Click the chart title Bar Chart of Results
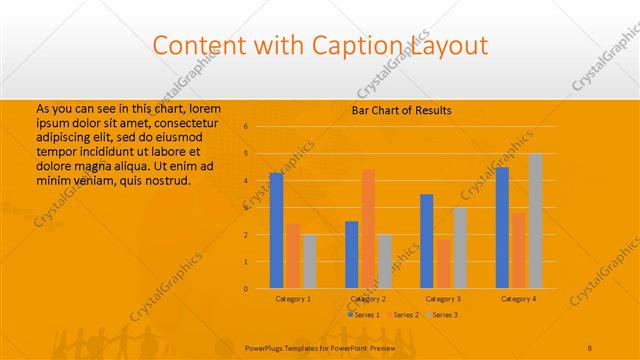(x=401, y=110)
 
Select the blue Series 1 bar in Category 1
(x=276, y=230)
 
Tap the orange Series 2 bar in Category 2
(x=368, y=228)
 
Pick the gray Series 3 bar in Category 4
(x=535, y=221)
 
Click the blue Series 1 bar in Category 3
(x=427, y=241)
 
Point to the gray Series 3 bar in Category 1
(x=309, y=261)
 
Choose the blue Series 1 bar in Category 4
(x=502, y=227)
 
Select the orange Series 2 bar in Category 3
(x=443, y=264)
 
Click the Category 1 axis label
(x=293, y=299)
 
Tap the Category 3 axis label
(x=443, y=299)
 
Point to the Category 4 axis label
(x=518, y=299)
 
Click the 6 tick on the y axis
(x=245, y=127)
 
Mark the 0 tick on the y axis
(x=245, y=289)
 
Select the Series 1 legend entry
(x=364, y=315)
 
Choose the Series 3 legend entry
(x=442, y=315)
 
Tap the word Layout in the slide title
(x=448, y=45)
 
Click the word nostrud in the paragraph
(x=162, y=180)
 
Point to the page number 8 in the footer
(x=590, y=347)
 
